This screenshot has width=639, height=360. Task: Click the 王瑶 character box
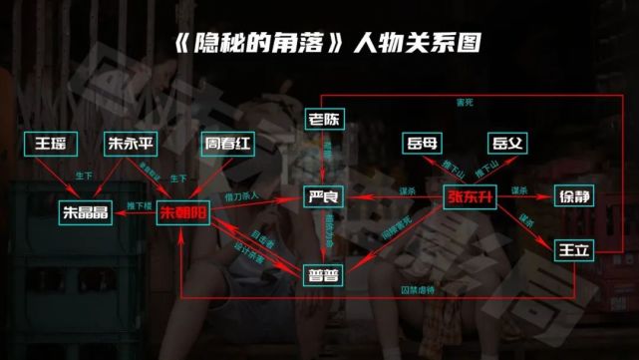tap(49, 143)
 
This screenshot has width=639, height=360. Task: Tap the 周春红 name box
tap(226, 143)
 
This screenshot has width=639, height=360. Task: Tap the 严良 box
tap(324, 197)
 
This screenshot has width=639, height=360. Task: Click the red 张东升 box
tap(470, 197)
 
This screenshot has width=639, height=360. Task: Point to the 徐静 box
tap(574, 197)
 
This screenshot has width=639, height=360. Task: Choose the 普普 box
tap(324, 271)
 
